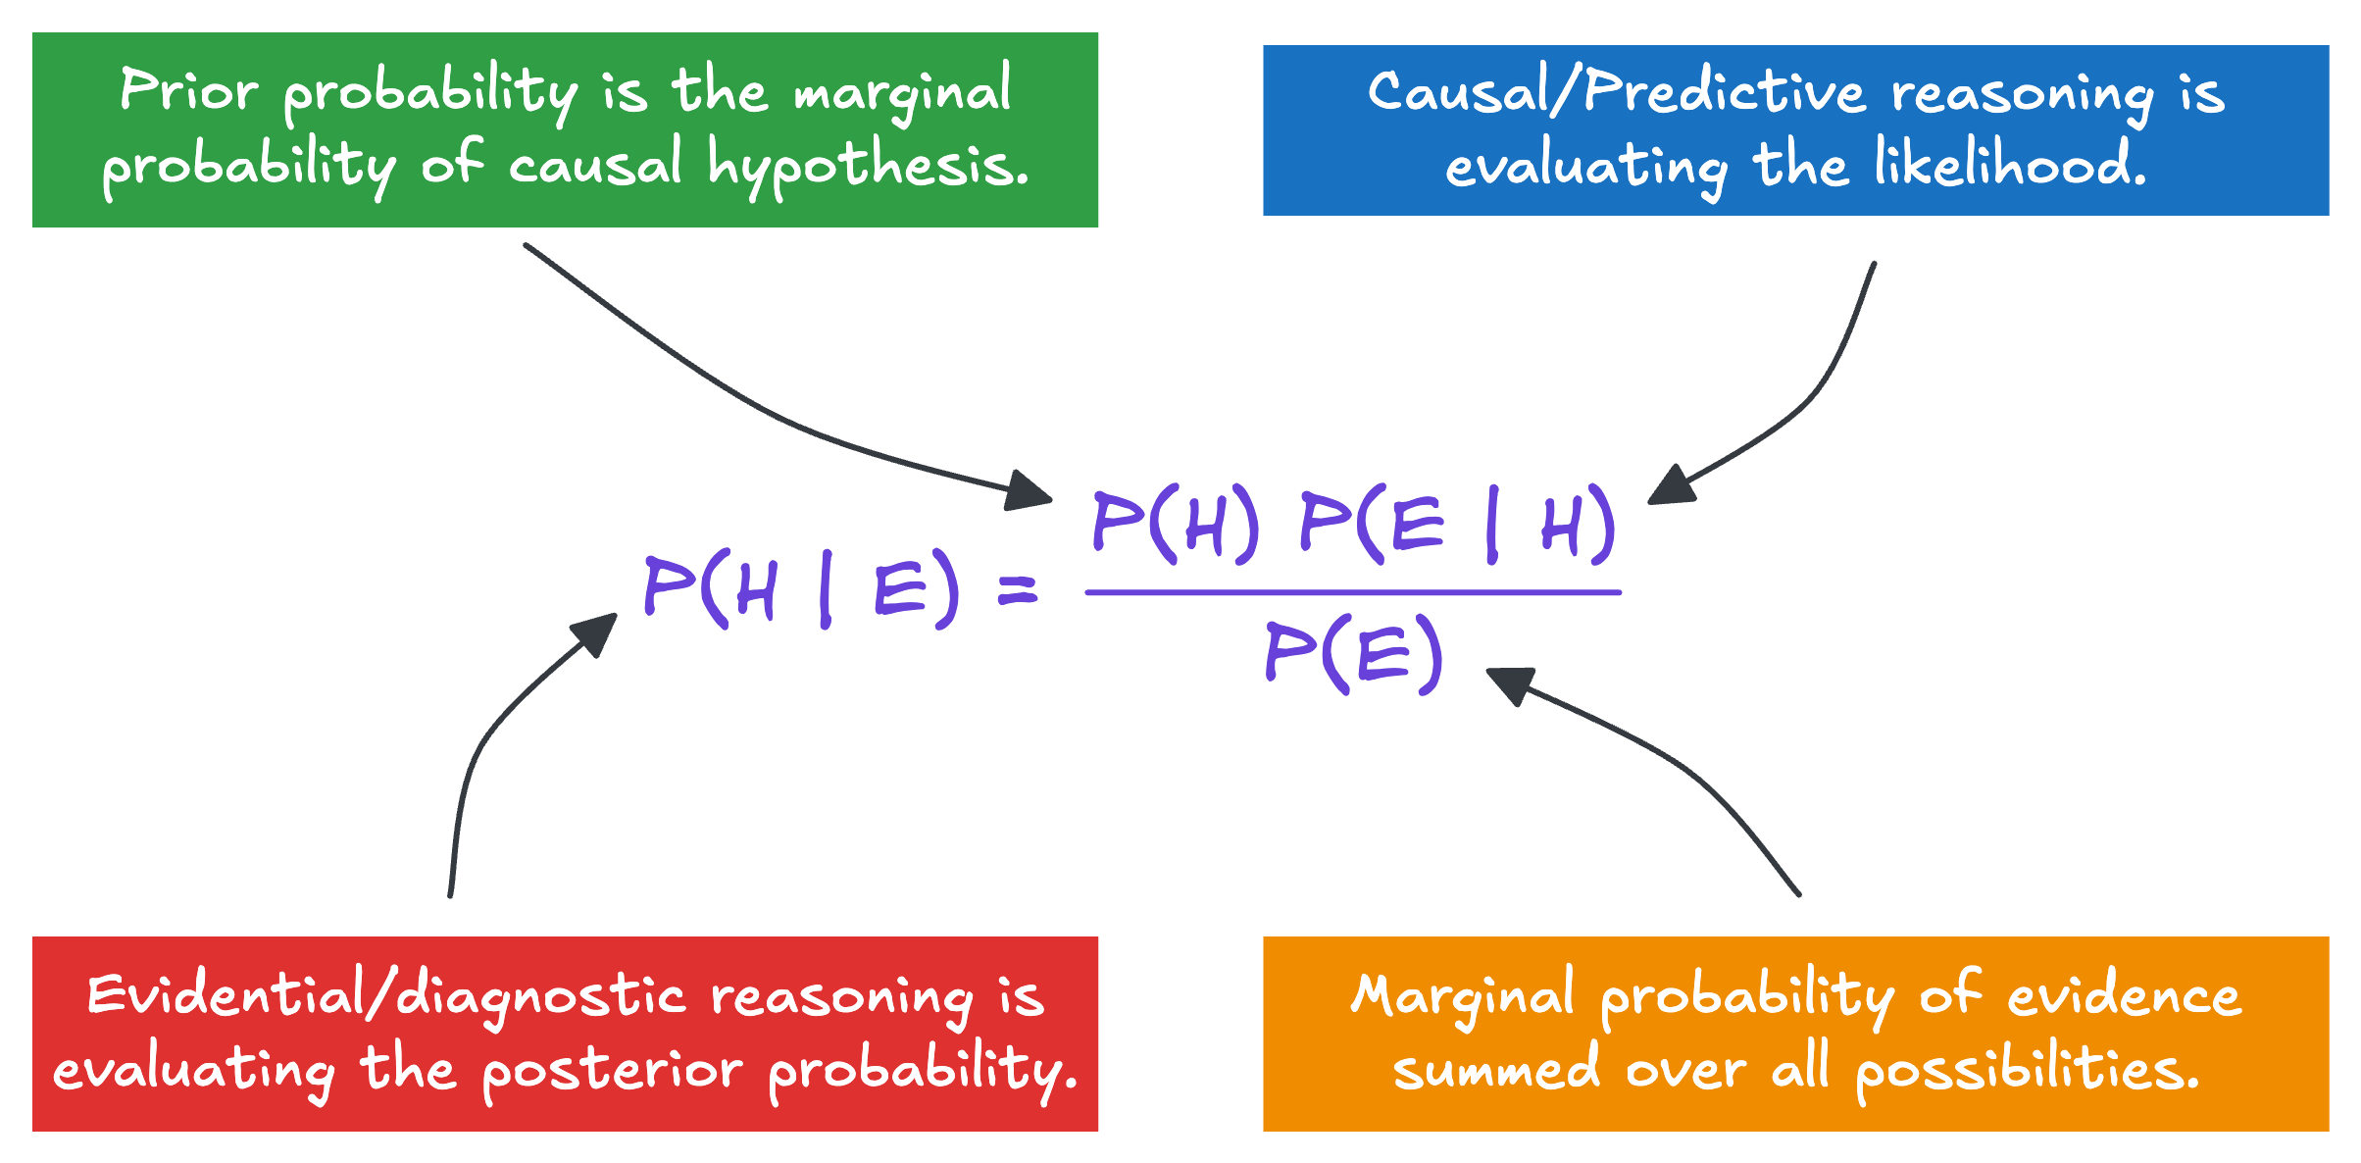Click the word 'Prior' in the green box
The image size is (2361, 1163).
188,90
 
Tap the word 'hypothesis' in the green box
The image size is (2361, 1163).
869,165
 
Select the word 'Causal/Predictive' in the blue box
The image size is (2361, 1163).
1616,92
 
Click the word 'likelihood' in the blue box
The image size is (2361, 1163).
2010,164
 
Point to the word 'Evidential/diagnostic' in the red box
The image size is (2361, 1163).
386,996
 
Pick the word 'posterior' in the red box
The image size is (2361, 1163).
612,1070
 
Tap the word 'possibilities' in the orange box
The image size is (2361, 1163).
2028,1070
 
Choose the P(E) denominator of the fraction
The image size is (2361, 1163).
1354,653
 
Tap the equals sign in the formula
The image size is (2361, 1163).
1017,590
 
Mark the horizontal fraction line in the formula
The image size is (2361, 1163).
1353,592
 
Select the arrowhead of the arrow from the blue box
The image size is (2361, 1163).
1671,486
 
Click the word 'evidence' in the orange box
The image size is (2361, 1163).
2124,996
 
